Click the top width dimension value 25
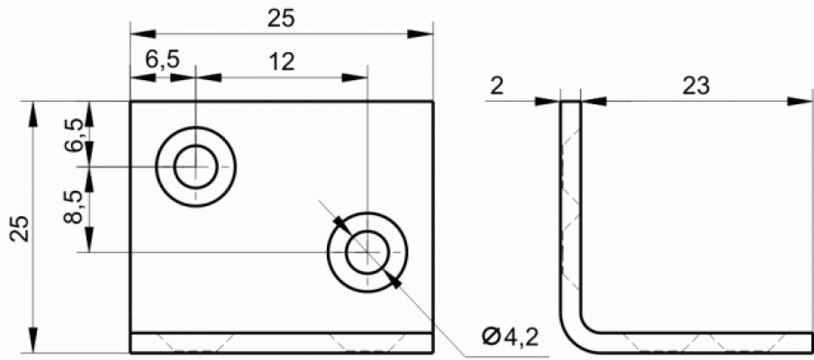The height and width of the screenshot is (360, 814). pyautogui.click(x=281, y=18)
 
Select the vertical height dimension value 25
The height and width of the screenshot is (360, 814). pyautogui.click(x=21, y=228)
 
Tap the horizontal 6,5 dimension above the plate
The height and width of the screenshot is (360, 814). pyautogui.click(x=162, y=60)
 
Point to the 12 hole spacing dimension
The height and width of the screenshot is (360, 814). pyautogui.click(x=282, y=62)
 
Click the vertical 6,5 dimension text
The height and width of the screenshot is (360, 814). pyautogui.click(x=73, y=135)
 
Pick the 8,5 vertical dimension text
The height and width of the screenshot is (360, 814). pyautogui.click(x=73, y=206)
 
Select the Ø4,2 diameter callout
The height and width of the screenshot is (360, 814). pyautogui.click(x=510, y=337)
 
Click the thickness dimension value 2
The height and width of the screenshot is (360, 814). pyautogui.click(x=497, y=86)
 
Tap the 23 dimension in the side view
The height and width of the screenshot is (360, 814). pyautogui.click(x=696, y=86)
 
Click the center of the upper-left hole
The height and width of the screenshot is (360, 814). pyautogui.click(x=195, y=166)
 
